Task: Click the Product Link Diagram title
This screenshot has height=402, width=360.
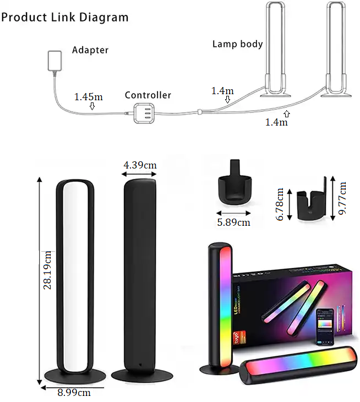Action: click(x=65, y=17)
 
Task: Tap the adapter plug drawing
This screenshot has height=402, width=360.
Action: click(x=55, y=61)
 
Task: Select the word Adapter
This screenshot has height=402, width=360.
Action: click(x=90, y=50)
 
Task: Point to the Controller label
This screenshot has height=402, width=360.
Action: click(x=148, y=95)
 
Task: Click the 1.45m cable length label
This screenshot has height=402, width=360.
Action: click(x=89, y=97)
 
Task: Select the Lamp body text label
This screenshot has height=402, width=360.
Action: click(x=237, y=44)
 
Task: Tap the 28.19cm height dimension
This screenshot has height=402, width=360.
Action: click(x=48, y=270)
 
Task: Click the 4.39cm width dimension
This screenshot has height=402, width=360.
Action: click(x=140, y=165)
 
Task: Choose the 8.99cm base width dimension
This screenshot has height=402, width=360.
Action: click(x=75, y=393)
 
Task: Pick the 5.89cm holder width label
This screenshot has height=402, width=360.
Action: click(x=233, y=222)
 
